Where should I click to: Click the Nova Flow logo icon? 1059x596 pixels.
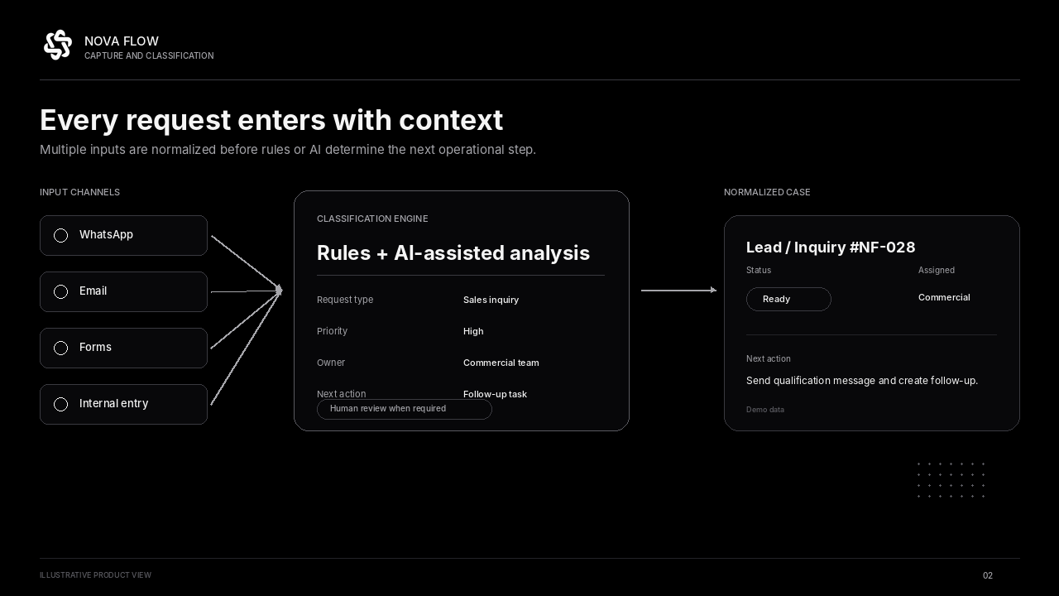58,45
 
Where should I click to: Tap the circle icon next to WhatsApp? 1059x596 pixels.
60,235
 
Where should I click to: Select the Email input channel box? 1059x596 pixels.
123,291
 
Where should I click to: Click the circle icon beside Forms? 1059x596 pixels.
60,348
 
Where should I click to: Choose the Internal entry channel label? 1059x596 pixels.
113,403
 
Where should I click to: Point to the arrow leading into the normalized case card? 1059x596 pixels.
678,290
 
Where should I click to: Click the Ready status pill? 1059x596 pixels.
788,299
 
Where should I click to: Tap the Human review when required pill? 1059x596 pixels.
405,409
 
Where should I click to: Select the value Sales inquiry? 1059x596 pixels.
491,300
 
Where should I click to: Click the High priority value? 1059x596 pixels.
473,331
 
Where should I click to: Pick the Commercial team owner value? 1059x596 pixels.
501,363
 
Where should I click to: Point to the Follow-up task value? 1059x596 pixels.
495,394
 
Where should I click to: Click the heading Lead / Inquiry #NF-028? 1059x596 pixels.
830,248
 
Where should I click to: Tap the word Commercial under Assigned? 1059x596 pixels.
944,297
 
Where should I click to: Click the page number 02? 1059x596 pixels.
988,575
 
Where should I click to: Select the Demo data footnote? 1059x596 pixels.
765,410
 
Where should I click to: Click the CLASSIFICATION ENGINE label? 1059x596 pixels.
372,219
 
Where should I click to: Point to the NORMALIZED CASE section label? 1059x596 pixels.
767,193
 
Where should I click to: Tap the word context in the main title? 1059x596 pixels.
451,120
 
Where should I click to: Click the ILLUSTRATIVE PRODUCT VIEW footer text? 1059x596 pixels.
95,575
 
